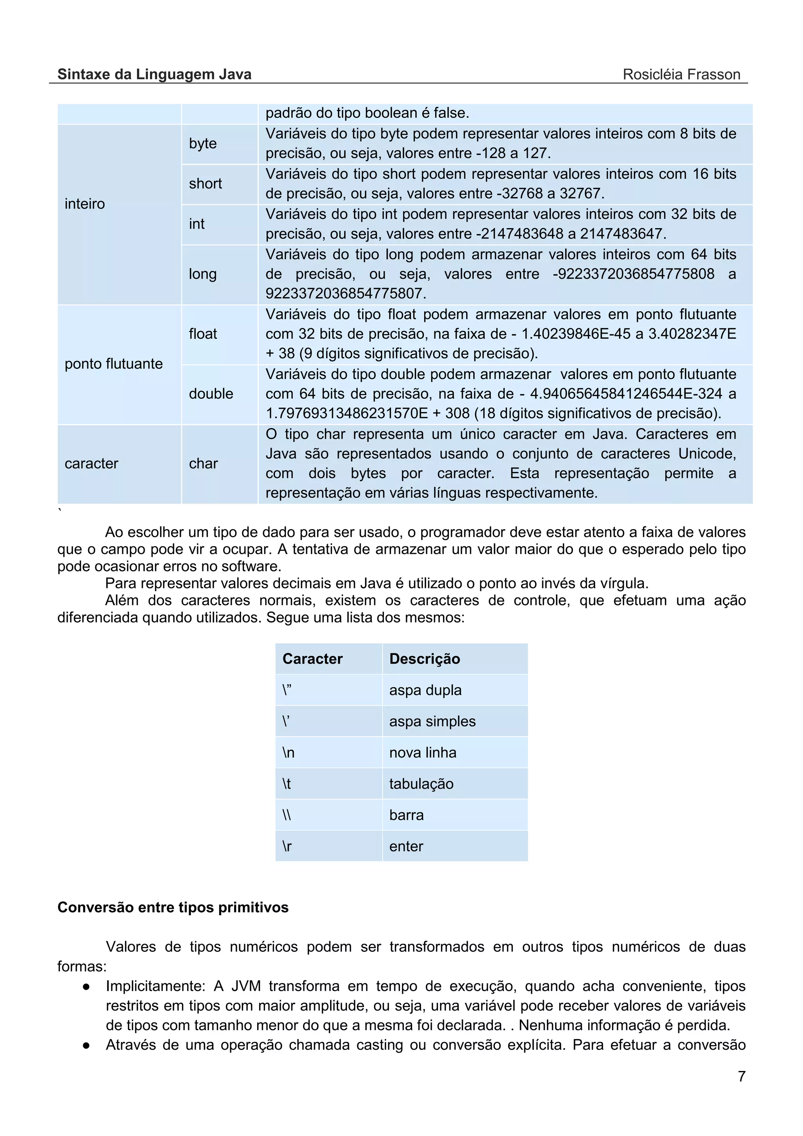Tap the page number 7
point(741,1076)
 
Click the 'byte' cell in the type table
point(203,143)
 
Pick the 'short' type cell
point(205,183)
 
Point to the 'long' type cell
point(203,274)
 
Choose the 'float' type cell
point(203,334)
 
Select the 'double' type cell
point(211,394)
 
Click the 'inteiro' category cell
point(85,204)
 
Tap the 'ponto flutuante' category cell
point(113,364)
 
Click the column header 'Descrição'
point(425,659)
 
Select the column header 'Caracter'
point(312,659)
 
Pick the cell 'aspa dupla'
point(425,690)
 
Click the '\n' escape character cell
point(289,753)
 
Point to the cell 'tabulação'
point(421,784)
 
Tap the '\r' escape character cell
point(287,846)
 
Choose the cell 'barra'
point(406,815)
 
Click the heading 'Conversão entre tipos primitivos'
point(173,907)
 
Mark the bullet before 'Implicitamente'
point(86,987)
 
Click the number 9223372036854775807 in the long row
point(346,293)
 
